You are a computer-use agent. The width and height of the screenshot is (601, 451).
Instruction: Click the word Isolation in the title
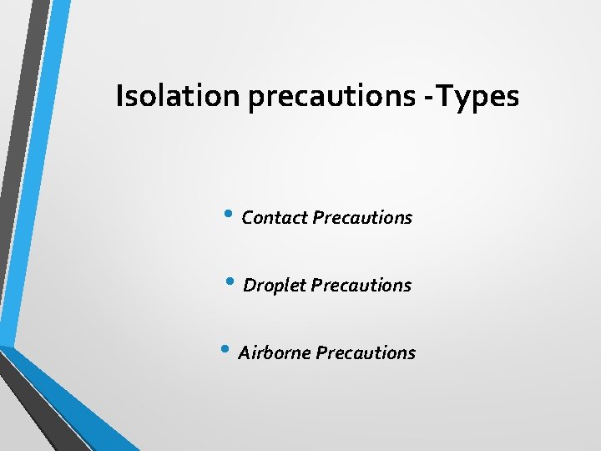[x=178, y=96]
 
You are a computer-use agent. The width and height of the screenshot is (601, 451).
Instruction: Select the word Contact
[x=275, y=218]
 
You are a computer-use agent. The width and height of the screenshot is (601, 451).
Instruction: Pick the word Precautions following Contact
[x=362, y=218]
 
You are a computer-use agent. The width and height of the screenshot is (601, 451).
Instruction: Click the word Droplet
[x=275, y=286]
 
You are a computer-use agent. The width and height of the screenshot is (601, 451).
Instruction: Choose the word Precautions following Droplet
[x=361, y=286]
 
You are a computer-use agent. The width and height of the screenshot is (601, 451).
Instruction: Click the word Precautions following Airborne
[x=366, y=353]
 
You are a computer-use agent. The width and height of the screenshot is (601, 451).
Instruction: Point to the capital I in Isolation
[x=119, y=96]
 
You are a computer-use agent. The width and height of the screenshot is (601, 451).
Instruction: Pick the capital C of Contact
[x=247, y=218]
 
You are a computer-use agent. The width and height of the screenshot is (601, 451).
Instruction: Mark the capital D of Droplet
[x=249, y=286]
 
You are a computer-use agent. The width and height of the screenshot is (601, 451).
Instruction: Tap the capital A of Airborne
[x=244, y=353]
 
